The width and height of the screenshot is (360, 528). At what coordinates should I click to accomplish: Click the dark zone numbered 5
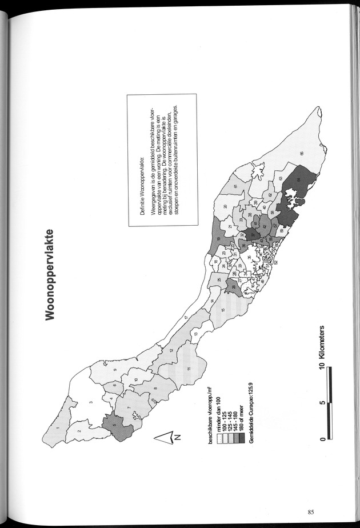[116, 425]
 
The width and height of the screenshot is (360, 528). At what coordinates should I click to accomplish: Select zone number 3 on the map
[90, 405]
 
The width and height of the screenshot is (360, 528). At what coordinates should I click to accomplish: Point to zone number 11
[189, 370]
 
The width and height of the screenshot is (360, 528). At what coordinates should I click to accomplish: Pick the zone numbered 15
[223, 309]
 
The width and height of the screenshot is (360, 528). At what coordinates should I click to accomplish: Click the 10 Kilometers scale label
[324, 349]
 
